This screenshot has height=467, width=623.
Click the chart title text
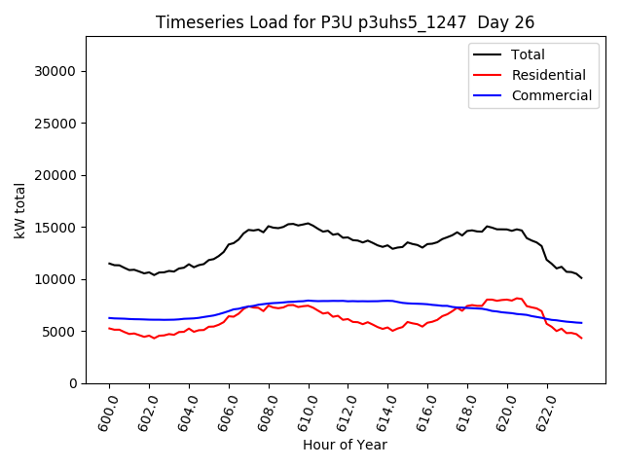tap(345, 22)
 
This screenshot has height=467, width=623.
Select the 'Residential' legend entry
tap(548, 75)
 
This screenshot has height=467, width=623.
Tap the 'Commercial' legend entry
tap(551, 95)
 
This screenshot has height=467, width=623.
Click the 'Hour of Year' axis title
tap(345, 446)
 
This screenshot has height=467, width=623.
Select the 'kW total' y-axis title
tap(19, 210)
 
